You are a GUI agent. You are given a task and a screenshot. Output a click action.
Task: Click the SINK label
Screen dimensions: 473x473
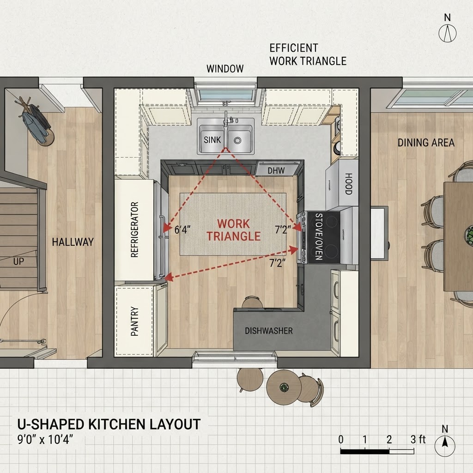coord(212,140)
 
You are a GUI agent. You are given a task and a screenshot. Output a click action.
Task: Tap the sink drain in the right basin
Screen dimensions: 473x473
coord(237,140)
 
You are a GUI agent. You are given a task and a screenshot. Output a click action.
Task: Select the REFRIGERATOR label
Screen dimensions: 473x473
coord(134,230)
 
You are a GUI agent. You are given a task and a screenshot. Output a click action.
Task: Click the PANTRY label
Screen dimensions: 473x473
coord(134,321)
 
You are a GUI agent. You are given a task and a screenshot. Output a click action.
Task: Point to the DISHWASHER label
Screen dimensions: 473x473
coord(268,331)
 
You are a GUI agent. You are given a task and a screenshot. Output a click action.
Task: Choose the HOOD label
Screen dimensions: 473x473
coord(348,184)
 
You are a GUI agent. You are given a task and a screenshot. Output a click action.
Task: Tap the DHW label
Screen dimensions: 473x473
coord(276,171)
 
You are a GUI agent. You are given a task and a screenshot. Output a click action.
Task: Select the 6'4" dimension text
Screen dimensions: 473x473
coord(182,230)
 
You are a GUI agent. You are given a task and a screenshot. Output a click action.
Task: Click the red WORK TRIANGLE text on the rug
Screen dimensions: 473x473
coord(233,230)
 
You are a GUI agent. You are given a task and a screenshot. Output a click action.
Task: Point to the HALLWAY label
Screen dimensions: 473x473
coord(73,242)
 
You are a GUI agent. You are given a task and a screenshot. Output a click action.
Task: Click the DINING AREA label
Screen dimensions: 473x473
coord(426,143)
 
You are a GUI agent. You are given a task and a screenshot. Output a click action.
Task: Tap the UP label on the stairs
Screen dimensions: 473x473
coord(18,261)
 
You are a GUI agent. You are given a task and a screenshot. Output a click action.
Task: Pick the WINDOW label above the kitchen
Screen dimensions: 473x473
coord(225,69)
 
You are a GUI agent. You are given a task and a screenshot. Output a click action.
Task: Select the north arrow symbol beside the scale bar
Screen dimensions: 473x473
coord(445,443)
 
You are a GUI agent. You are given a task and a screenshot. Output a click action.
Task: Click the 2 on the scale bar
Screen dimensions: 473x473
coord(389,440)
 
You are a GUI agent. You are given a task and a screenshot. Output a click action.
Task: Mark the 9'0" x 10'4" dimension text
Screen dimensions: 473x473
coord(45,439)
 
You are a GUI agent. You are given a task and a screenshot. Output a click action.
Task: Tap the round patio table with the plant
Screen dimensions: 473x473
coord(284,387)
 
